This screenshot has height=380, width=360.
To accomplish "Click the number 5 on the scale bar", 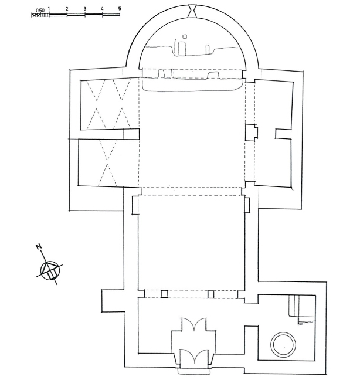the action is pyautogui.click(x=120, y=8).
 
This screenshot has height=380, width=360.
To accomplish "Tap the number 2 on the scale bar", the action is pyautogui.click(x=67, y=9).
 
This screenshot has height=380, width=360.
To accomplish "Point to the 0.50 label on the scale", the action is pyautogui.click(x=40, y=11).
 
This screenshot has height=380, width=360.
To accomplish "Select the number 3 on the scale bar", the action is pyautogui.click(x=85, y=9).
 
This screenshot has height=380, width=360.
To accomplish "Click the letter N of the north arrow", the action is pyautogui.click(x=39, y=247).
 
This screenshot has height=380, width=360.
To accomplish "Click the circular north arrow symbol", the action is pyautogui.click(x=49, y=271).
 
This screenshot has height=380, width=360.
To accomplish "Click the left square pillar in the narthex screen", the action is pyautogui.click(x=164, y=294).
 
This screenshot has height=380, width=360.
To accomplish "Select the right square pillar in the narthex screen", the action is pyautogui.click(x=210, y=294).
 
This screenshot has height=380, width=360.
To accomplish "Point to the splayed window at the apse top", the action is pyautogui.click(x=192, y=11).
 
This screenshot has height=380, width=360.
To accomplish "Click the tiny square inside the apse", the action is pyautogui.click(x=185, y=36).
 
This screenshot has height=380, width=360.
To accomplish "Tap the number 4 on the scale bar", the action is pyautogui.click(x=102, y=9).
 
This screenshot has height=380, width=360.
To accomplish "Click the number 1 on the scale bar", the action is pyautogui.click(x=49, y=9).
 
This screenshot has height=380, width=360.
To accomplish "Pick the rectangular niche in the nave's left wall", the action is pyautogui.click(x=135, y=205).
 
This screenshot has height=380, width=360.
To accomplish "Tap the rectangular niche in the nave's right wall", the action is pyautogui.click(x=247, y=205).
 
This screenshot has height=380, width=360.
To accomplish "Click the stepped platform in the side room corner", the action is pyautogui.click(x=302, y=307).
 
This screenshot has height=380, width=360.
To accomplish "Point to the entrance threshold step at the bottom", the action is pyautogui.click(x=193, y=371).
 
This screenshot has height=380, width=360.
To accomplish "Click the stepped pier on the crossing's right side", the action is pyautogui.click(x=252, y=133).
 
